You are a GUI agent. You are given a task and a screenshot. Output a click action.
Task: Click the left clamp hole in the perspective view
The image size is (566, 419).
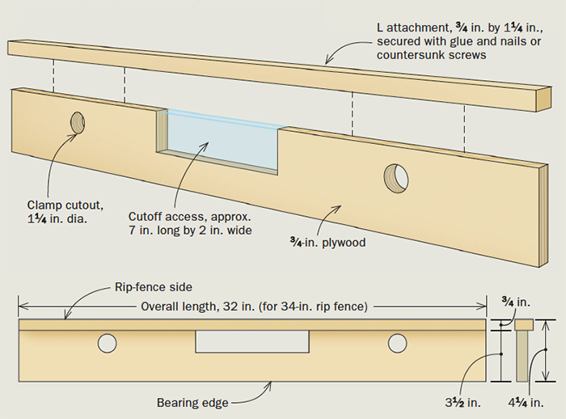tap(77, 123)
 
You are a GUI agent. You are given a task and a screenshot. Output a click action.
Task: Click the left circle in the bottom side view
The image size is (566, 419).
tap(106, 342)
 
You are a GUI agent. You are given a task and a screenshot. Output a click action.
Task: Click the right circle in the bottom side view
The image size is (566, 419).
tap(396, 342)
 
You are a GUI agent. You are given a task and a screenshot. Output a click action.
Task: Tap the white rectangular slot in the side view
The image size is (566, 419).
tap(252, 342)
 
